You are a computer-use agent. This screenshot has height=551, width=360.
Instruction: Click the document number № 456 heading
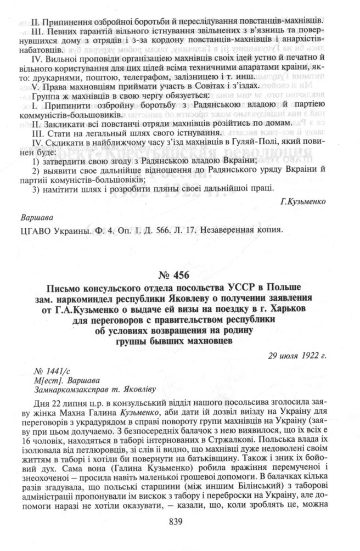tap(179, 273)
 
